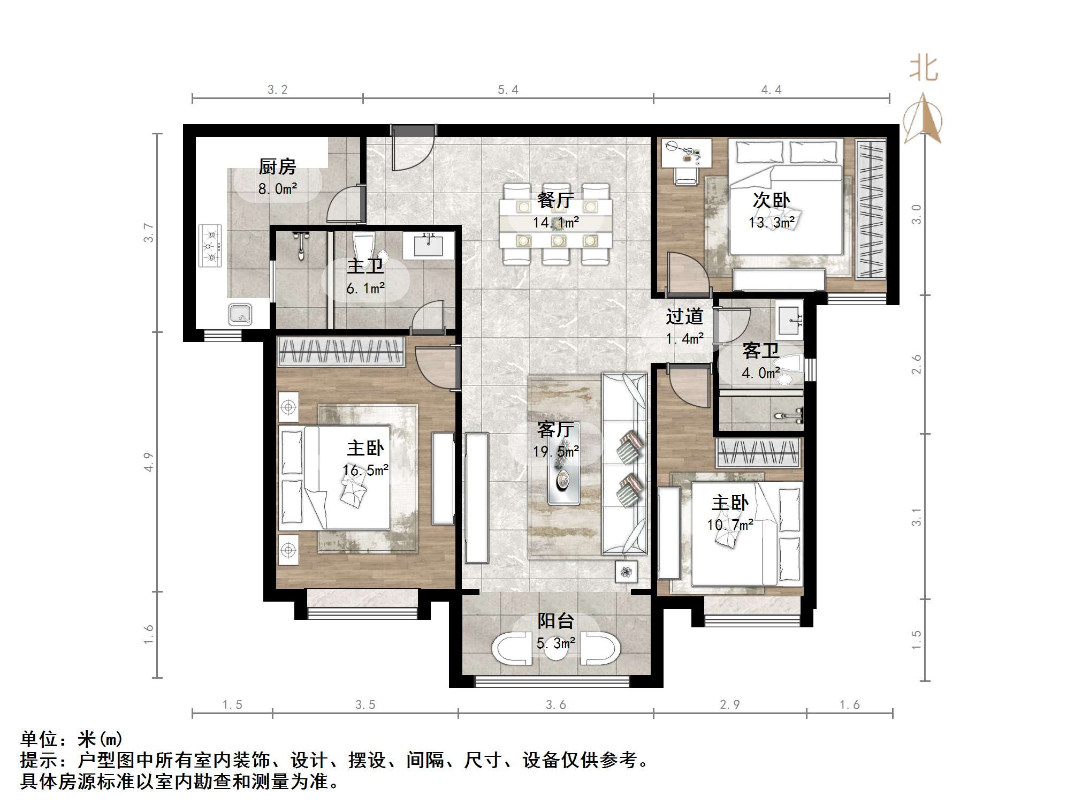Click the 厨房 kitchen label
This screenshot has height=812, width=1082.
pyautogui.click(x=277, y=167)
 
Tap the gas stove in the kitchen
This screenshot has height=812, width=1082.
pyautogui.click(x=210, y=246)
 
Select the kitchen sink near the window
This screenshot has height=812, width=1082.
pyautogui.click(x=240, y=314)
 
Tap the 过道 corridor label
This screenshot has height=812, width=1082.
pyautogui.click(x=684, y=317)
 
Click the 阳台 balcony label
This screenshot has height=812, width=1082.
pyautogui.click(x=555, y=621)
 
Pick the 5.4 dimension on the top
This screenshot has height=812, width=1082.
pyautogui.click(x=508, y=90)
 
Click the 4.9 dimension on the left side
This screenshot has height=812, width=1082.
pyautogui.click(x=149, y=462)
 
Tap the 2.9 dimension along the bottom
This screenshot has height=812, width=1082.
pyautogui.click(x=729, y=705)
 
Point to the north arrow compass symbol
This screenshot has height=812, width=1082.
pyautogui.click(x=923, y=120)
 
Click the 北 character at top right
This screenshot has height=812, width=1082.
pyautogui.click(x=924, y=69)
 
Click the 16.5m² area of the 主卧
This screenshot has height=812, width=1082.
pyautogui.click(x=365, y=470)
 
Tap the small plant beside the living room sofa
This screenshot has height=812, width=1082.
pyautogui.click(x=626, y=572)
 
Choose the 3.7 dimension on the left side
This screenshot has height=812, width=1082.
pyautogui.click(x=149, y=233)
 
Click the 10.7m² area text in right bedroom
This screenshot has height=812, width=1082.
pyautogui.click(x=730, y=525)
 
